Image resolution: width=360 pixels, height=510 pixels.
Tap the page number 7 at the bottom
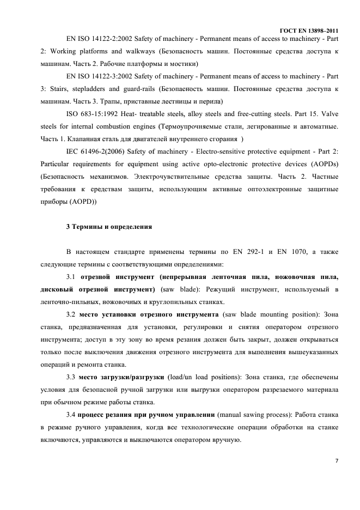point(336,462)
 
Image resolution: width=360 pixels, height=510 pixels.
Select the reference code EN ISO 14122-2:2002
point(96,39)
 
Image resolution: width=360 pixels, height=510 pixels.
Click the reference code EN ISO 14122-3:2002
point(96,76)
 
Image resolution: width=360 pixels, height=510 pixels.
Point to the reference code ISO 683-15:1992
point(90,114)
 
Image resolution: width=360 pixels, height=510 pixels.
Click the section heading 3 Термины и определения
point(109,226)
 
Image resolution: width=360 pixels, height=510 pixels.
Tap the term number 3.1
point(71,276)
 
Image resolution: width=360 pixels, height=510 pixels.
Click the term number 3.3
point(71,377)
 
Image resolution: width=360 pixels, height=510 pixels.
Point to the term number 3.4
point(71,414)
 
